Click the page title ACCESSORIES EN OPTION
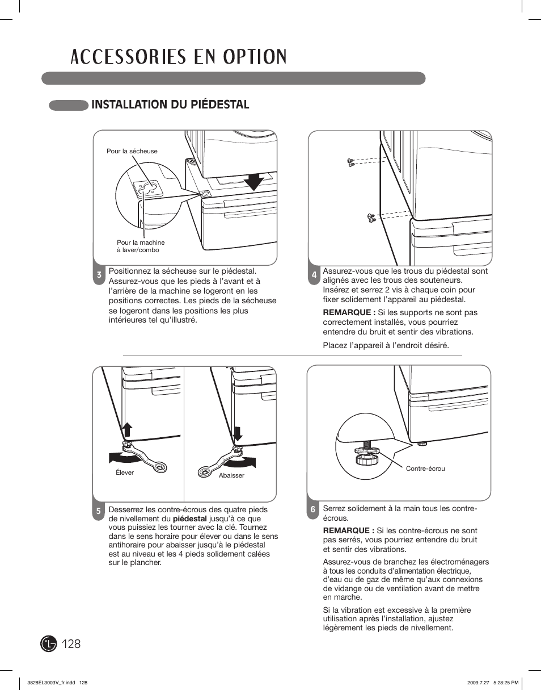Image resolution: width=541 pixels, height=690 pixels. coord(179,57)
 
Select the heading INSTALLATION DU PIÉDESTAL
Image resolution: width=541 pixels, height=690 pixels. coord(170,104)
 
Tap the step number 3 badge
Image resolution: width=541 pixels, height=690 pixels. coord(99,275)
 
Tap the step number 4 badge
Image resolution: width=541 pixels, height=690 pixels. coord(314,275)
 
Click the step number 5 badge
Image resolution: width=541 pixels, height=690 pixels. coord(98,511)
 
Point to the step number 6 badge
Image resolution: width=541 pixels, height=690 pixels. coord(312,510)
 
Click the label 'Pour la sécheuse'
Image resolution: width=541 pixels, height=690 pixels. coord(132,151)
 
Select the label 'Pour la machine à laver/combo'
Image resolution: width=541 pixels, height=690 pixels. coord(141,246)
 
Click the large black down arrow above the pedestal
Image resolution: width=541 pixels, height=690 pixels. coord(254,182)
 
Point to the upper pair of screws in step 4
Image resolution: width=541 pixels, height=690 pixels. coord(350,163)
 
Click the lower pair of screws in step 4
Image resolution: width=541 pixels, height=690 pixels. coord(371,216)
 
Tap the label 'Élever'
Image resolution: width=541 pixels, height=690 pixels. coord(125,472)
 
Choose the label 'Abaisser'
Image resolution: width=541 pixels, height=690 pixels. coord(231,475)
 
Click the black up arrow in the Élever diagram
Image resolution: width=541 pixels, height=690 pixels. coord(128,430)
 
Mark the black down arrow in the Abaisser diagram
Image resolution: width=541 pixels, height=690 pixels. coord(238,433)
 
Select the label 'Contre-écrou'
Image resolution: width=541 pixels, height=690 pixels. coord(425,469)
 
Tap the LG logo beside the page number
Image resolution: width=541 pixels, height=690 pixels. coord(49,643)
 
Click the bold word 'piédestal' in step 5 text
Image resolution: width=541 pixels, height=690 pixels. coord(189,518)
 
